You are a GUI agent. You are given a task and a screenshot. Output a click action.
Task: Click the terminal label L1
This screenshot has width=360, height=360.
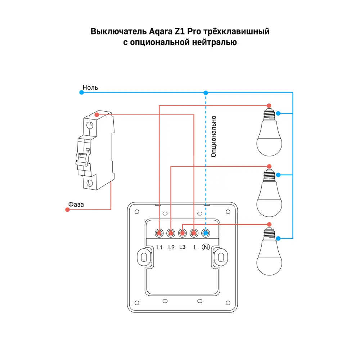tap(160, 247)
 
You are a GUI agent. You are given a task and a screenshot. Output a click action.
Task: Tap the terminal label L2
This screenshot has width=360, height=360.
tap(171, 247)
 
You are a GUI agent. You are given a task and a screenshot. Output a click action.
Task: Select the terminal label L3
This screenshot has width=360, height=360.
tap(182, 247)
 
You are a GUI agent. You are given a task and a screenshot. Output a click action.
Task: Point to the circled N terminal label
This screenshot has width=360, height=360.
tap(206, 247)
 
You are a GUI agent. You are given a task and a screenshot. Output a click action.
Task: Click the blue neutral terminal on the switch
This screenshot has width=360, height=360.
tap(206, 234)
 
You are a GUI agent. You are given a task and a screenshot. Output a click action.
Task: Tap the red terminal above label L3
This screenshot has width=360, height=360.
tap(183, 234)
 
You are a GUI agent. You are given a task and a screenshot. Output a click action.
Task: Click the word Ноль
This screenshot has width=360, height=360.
tap(90, 87)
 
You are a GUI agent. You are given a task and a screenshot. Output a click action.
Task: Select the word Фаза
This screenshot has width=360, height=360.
tap(76, 204)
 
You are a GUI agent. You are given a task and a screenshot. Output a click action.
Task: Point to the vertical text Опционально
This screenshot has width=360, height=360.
tap(213, 136)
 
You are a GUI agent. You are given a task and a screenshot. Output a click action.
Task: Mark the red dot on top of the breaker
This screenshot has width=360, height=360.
tap(96, 114)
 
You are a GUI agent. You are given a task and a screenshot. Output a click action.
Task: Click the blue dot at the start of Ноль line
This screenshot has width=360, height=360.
tap(81, 93)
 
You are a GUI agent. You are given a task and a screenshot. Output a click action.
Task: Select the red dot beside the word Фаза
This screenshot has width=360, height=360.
tap(67, 210)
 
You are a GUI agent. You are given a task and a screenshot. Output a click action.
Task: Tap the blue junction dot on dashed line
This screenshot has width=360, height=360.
tap(206, 93)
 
